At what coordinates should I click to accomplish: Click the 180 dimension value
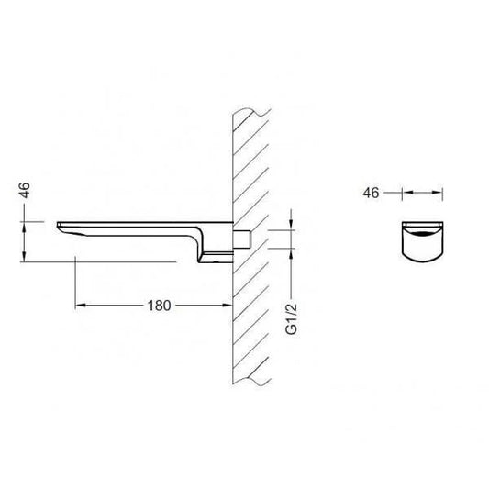159,306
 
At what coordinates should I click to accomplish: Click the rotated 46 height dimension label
25,190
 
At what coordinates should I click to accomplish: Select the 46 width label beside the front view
371,193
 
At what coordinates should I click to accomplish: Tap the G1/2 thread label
292,318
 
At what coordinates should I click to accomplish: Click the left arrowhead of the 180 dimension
81,305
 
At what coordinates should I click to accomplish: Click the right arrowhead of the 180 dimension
228,305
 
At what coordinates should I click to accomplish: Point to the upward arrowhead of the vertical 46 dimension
24,227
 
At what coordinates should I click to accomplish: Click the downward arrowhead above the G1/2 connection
291,225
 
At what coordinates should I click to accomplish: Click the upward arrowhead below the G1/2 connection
291,254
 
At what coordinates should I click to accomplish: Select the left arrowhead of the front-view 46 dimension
407,193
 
